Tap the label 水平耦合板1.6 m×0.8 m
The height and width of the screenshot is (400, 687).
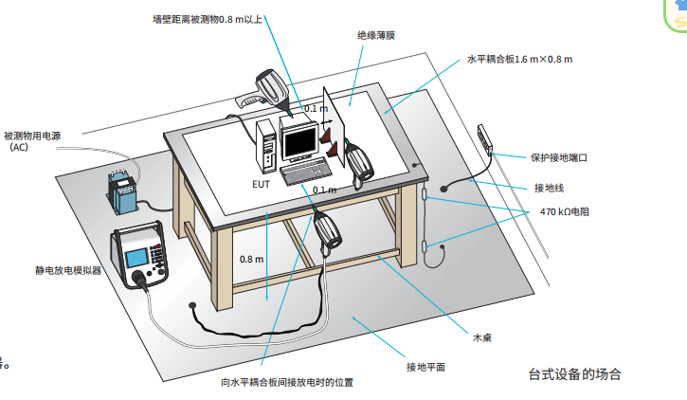click(519, 59)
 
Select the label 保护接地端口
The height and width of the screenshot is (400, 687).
click(560, 158)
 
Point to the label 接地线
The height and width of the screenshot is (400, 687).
click(549, 188)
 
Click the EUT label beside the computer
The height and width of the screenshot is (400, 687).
click(261, 184)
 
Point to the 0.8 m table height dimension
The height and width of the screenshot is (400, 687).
click(251, 259)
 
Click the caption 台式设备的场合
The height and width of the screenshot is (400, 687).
click(574, 373)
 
